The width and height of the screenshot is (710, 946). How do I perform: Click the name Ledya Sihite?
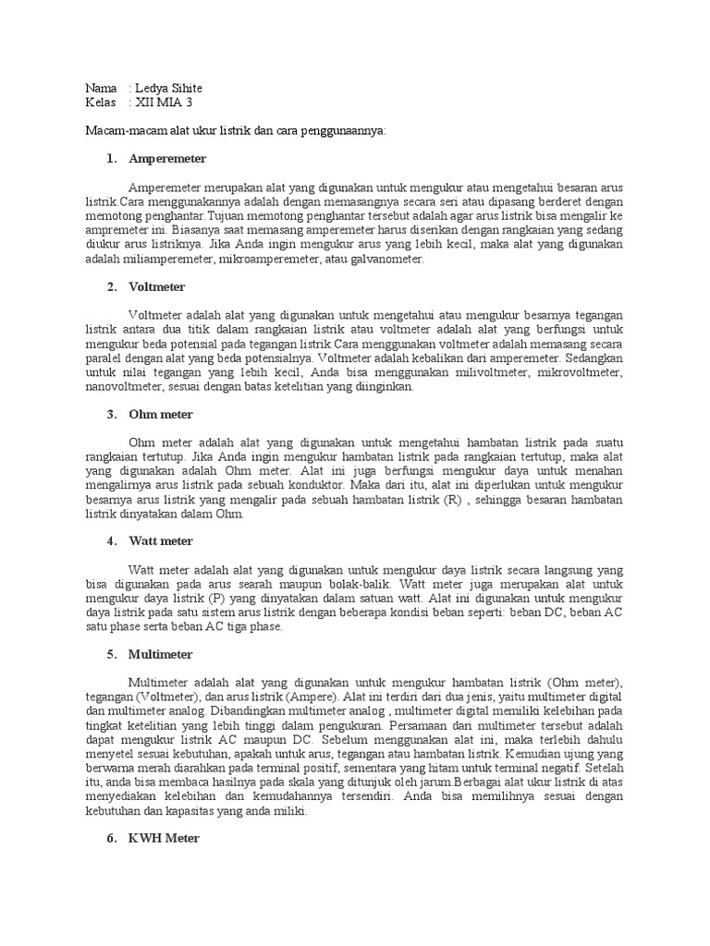pyautogui.click(x=169, y=88)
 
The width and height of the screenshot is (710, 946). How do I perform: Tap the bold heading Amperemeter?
pyautogui.click(x=167, y=159)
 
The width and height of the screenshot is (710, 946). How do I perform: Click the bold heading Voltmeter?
pyautogui.click(x=157, y=286)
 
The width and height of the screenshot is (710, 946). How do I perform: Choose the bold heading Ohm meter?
pyautogui.click(x=161, y=414)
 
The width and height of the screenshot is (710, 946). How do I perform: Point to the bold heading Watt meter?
pyautogui.click(x=161, y=540)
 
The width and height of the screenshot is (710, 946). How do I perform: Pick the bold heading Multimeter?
pyautogui.click(x=161, y=654)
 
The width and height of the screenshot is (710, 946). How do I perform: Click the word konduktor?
pyautogui.click(x=313, y=483)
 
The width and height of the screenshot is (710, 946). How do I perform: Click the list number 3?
pyautogui.click(x=111, y=414)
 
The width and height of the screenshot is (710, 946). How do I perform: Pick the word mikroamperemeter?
pyautogui.click(x=276, y=260)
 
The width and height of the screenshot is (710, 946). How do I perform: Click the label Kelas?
pyautogui.click(x=100, y=103)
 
